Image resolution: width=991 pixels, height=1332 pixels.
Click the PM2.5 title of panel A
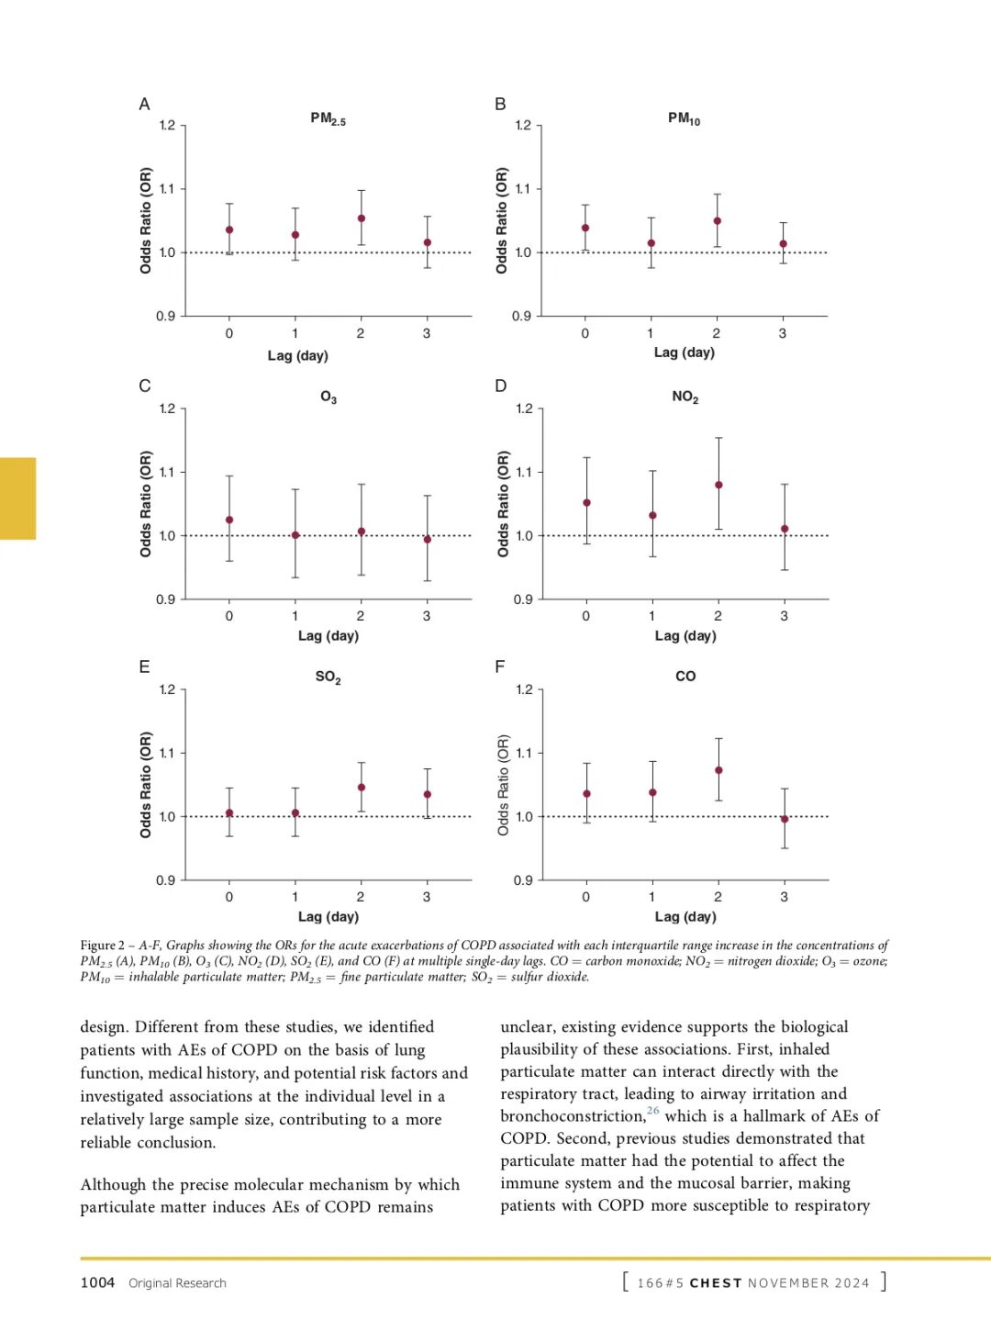[x=328, y=119]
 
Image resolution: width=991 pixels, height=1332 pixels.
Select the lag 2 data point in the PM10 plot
[x=717, y=221]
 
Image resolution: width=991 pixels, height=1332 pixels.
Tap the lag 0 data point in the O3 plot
[x=229, y=520]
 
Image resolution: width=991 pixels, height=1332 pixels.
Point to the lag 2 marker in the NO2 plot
[x=718, y=485]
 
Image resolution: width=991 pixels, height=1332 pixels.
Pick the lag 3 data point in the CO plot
[x=785, y=819]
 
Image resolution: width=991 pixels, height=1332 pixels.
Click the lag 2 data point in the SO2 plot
[x=362, y=788]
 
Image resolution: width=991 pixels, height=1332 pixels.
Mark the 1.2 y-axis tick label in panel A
[x=167, y=126]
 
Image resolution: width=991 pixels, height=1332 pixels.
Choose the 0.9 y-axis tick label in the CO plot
[x=523, y=880]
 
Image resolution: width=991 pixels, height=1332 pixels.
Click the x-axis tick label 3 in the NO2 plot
[x=784, y=616]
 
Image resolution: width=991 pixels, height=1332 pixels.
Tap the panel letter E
[x=144, y=667]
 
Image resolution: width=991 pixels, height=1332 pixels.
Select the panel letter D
[x=501, y=386]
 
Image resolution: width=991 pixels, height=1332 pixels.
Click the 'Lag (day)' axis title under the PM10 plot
[x=684, y=353]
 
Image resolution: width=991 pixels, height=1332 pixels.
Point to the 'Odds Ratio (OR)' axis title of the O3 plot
[x=146, y=503]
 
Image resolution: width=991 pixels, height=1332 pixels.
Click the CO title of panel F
[x=685, y=677]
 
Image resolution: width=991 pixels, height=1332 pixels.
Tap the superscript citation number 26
[x=653, y=1111]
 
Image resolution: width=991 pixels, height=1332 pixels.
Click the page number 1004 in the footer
[x=97, y=1282]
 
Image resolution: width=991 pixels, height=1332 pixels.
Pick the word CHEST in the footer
[x=715, y=1283]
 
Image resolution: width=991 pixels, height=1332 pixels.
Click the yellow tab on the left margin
[x=17, y=498]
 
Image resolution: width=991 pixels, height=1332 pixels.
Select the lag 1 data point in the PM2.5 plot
[x=295, y=235]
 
